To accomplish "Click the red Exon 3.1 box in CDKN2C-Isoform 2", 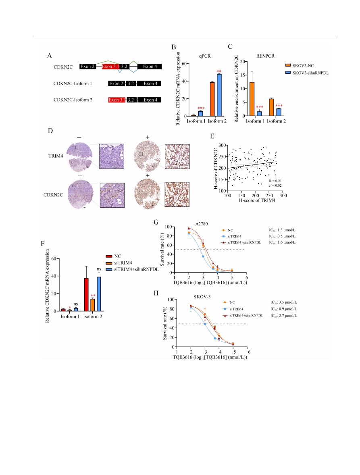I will point(117,99).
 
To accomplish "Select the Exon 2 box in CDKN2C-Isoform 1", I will point(116,83).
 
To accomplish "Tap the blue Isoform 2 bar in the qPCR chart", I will point(219,95).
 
